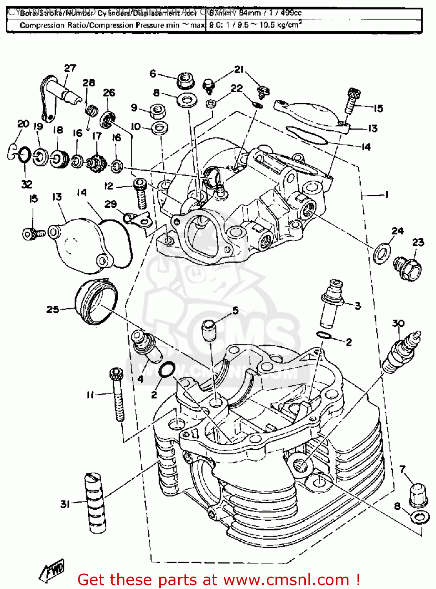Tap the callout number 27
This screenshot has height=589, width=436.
coord(70,68)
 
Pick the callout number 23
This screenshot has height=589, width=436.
coord(418,243)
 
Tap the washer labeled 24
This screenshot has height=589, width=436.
coord(381,253)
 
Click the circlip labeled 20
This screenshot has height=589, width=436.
coord(12,152)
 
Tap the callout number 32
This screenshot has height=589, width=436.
coord(27,184)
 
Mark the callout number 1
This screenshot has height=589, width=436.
coord(387,194)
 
